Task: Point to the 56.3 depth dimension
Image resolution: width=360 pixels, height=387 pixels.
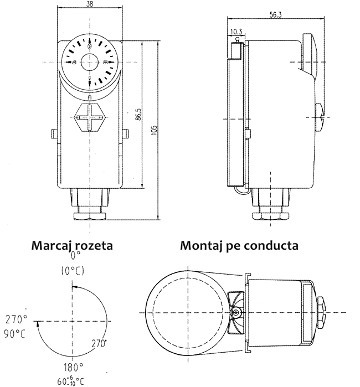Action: tap(277, 15)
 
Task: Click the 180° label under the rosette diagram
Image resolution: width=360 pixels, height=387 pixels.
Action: tap(71, 367)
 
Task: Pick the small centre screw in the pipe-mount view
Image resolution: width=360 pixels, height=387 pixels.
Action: tap(236, 313)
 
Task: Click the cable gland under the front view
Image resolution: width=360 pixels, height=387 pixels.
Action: tap(90, 206)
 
